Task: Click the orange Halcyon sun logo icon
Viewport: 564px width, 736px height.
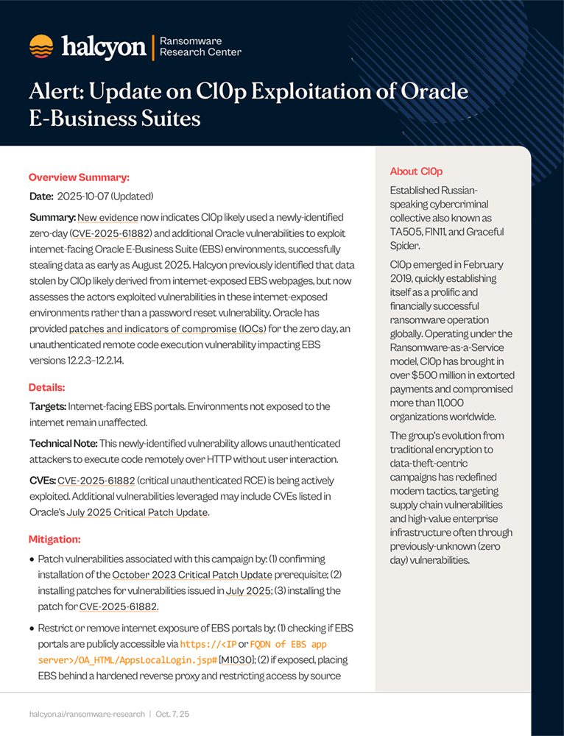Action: pyautogui.click(x=41, y=47)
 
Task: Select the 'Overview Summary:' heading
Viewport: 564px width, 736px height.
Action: pyautogui.click(x=79, y=177)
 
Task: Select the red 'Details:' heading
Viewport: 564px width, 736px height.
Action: pyautogui.click(x=47, y=387)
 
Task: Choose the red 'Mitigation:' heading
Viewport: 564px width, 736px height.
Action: pyautogui.click(x=54, y=539)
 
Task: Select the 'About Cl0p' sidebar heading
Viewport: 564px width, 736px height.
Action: pyautogui.click(x=416, y=171)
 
